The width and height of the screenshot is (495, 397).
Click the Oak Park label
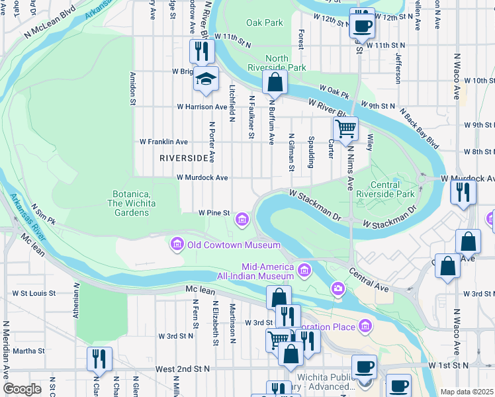pyautogui.click(x=264, y=22)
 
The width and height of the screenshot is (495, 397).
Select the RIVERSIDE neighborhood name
pyautogui.click(x=184, y=158)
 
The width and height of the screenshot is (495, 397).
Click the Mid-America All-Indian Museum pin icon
pyautogui.click(x=304, y=269)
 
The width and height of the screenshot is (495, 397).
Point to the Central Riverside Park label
pyautogui.click(x=385, y=189)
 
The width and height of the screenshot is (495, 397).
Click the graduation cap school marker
pyautogui.click(x=206, y=79)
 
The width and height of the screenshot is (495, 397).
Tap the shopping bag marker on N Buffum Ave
pyautogui.click(x=274, y=83)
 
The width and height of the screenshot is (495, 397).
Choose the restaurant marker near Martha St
pyautogui.click(x=99, y=359)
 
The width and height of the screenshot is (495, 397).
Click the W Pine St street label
pyautogui.click(x=214, y=213)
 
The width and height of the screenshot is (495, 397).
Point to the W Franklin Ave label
pyautogui.click(x=163, y=142)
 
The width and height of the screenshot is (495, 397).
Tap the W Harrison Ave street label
pyautogui.click(x=202, y=107)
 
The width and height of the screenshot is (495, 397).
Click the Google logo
pyautogui.click(x=22, y=389)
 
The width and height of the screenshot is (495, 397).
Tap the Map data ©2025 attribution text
pyautogui.click(x=467, y=392)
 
